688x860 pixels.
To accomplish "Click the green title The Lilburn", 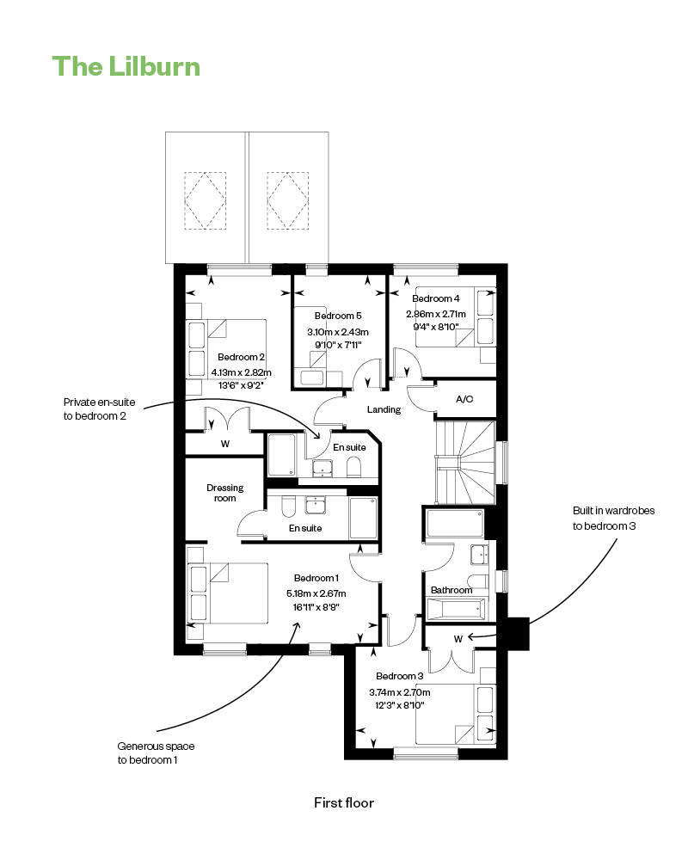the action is pyautogui.click(x=126, y=66).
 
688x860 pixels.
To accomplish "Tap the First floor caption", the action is pyautogui.click(x=344, y=803).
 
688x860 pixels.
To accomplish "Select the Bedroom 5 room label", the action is pyautogui.click(x=338, y=316).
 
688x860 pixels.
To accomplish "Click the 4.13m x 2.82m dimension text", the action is pyautogui.click(x=242, y=372).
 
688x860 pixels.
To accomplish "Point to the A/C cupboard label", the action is pyautogui.click(x=464, y=399).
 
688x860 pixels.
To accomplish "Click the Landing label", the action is pyautogui.click(x=384, y=409).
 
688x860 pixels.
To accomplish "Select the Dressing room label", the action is pyautogui.click(x=225, y=493).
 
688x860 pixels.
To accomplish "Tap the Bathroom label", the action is pyautogui.click(x=451, y=590).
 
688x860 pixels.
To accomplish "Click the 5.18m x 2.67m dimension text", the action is pyautogui.click(x=316, y=593).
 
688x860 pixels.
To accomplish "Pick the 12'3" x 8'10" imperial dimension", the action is pyautogui.click(x=399, y=705).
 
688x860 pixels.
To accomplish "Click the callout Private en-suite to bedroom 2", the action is pyautogui.click(x=99, y=409).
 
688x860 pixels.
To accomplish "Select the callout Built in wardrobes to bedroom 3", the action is pyautogui.click(x=613, y=519).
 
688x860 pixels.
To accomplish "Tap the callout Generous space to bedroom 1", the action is pyautogui.click(x=156, y=753).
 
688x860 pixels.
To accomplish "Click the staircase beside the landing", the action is pyautogui.click(x=465, y=463).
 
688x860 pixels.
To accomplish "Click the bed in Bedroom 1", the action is pyautogui.click(x=227, y=593).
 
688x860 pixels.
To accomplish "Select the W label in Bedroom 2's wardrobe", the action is pyautogui.click(x=225, y=445).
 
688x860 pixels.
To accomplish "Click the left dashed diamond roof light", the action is pyautogui.click(x=206, y=200).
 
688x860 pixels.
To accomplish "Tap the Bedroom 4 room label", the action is pyautogui.click(x=436, y=299).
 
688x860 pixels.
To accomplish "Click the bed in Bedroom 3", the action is pyautogui.click(x=456, y=714).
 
